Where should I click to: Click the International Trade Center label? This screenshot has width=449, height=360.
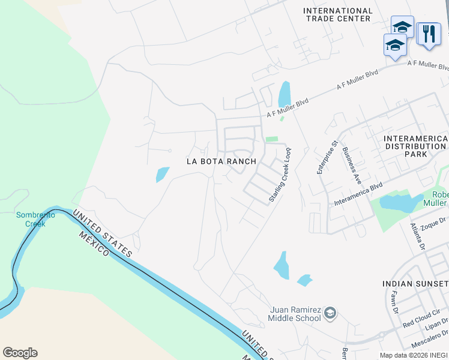[338, 14]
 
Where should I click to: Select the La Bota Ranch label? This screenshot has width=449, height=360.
[221, 161]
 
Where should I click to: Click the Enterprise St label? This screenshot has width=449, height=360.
[328, 157]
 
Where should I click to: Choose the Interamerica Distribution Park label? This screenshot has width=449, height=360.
[415, 146]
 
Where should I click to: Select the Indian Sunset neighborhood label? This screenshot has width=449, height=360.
[415, 283]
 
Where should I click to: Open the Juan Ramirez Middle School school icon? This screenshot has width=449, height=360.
[330, 313]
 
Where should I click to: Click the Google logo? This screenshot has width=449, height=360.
[20, 353]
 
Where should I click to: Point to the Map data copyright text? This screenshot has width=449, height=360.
[413, 355]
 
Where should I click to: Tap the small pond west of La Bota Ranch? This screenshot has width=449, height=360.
[162, 174]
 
